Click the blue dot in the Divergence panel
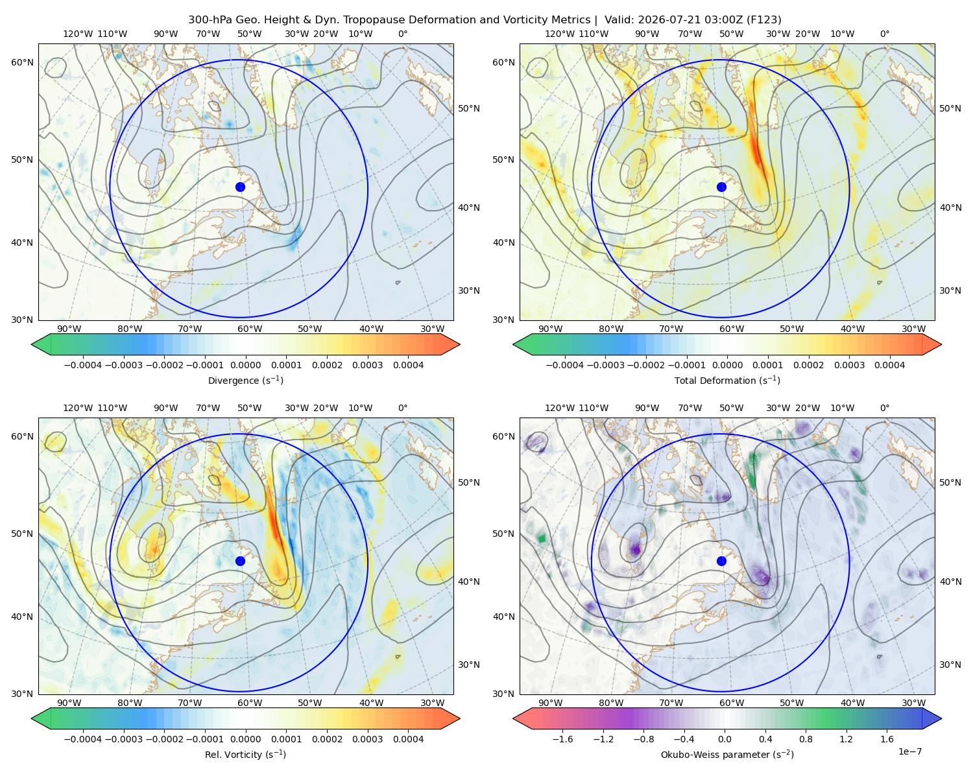240,187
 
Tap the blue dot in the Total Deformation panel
721,187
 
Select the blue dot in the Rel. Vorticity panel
240,561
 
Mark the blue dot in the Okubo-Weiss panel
721,561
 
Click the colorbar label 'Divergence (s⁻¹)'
245,381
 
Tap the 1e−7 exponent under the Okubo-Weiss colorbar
909,751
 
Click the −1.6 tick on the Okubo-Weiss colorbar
562,739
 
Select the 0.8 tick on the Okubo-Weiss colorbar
806,739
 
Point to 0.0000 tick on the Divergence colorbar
245,365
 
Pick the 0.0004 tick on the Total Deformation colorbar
889,365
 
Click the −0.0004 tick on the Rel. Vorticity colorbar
83,739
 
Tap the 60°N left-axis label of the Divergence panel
22,62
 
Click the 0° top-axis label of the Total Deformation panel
884,34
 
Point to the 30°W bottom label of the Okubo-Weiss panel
913,703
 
